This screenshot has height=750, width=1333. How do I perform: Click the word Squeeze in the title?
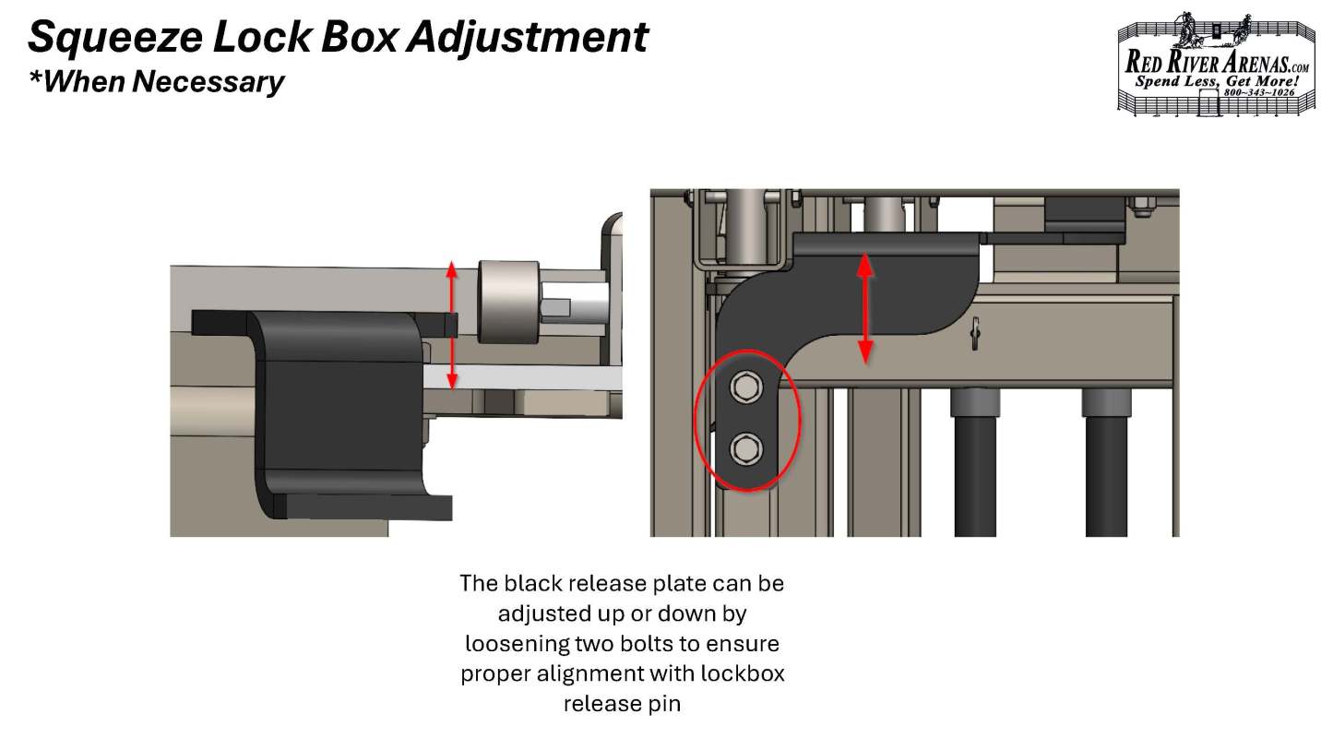(115, 38)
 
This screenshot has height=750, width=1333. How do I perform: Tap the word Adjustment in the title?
(528, 37)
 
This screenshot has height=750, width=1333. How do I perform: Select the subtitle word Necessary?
(208, 81)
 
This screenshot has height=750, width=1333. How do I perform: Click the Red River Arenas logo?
(1217, 64)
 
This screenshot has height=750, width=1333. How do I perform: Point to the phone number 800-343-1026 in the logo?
(1259, 92)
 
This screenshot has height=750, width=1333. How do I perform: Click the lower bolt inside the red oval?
(745, 449)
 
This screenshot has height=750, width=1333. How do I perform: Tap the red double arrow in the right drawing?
(865, 308)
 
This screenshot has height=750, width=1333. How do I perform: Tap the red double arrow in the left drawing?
(452, 325)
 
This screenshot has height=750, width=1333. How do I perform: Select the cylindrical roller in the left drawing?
(509, 302)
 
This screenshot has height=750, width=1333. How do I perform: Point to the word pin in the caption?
(665, 705)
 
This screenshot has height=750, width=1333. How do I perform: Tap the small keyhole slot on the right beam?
(975, 333)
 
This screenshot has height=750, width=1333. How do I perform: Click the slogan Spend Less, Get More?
(1217, 81)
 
